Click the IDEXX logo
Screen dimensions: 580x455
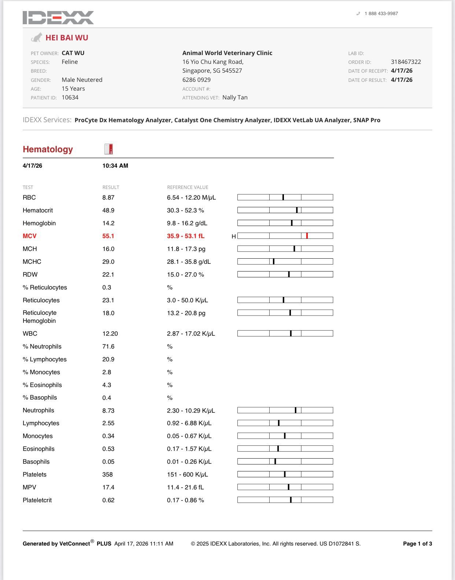[58, 18]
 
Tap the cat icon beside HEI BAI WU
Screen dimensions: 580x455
[36, 37]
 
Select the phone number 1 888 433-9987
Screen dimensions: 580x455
[381, 14]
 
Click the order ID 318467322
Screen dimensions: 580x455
[406, 62]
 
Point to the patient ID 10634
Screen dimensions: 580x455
[70, 98]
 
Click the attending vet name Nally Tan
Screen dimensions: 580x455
[235, 98]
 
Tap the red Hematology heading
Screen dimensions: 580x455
[48, 149]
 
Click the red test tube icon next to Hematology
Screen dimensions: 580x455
[109, 149]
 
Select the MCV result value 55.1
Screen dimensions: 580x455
[108, 236]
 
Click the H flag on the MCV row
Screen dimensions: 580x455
[234, 236]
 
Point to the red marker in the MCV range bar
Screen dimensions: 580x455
[307, 236]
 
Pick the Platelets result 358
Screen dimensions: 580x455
[107, 475]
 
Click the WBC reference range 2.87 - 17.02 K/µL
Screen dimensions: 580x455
[191, 334]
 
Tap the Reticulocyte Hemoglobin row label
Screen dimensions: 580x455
[40, 317]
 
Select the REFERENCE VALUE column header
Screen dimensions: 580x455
[188, 187]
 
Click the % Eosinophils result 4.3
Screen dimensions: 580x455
[107, 385]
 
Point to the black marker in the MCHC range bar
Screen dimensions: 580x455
[274, 262]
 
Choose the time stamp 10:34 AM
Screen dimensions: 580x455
[115, 166]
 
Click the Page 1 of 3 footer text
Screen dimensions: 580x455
[417, 544]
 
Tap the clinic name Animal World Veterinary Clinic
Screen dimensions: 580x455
[227, 53]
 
